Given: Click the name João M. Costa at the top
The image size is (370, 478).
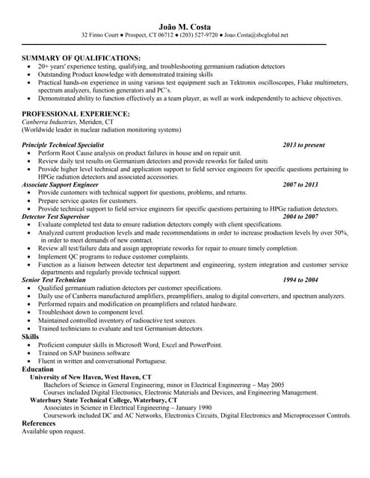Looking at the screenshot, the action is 184,25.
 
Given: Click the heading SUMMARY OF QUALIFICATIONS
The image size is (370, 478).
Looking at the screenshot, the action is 81,58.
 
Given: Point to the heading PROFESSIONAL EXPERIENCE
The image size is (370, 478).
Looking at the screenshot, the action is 75,114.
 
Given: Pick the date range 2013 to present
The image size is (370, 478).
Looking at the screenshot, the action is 303,144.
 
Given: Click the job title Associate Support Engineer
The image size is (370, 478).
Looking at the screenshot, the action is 60,184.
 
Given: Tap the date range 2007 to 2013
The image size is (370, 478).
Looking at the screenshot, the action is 300,184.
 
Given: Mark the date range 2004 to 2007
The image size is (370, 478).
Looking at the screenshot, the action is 300,216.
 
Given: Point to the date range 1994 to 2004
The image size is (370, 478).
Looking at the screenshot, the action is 300,279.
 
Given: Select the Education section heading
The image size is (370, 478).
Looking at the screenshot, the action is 37,369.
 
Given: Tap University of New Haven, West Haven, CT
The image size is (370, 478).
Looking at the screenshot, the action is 90,377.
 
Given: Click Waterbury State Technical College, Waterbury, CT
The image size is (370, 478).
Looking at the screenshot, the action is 98,400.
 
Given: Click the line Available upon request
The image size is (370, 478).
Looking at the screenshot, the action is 53,432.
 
